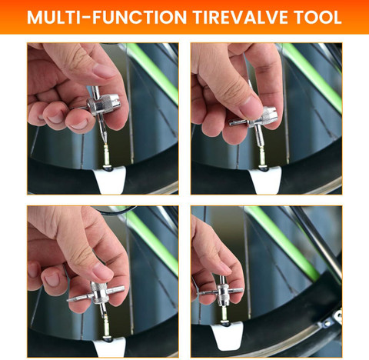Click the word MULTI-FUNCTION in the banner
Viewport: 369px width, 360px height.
[x=107, y=17]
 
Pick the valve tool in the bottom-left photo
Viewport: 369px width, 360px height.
[x=98, y=295]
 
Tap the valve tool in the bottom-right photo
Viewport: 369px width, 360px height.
[x=222, y=291]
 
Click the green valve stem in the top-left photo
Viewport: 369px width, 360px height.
[x=106, y=155]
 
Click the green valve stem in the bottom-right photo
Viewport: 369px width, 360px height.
[x=224, y=314]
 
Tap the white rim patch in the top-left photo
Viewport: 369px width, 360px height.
[x=110, y=180]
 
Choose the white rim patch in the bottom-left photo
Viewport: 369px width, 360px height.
[x=110, y=348]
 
